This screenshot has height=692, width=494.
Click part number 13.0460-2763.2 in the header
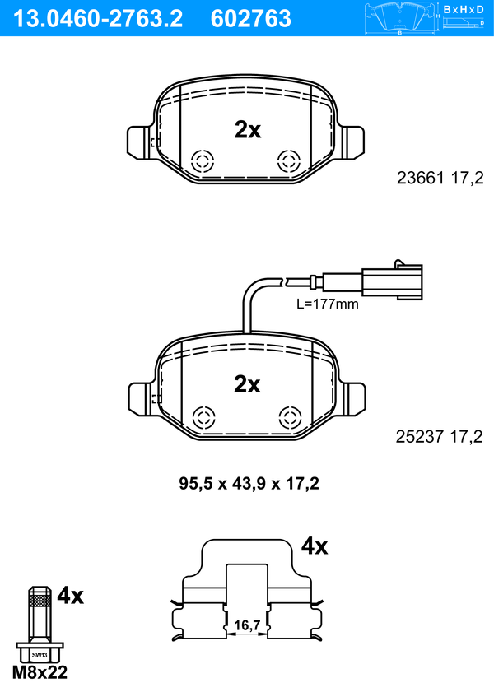coord(98,19)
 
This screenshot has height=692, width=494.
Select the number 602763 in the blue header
coord(251,19)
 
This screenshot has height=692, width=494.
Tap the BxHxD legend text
coord(464,9)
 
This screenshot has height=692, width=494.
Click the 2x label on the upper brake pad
coord(247,130)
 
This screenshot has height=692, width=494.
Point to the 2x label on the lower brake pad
coord(247,384)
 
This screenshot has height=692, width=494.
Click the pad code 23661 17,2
coord(440,178)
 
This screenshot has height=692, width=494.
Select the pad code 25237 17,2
coord(440,436)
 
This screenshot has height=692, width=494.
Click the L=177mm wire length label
coord(328,304)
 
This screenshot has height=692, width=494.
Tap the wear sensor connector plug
coord(392,281)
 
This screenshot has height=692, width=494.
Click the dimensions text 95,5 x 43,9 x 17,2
coord(249,483)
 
